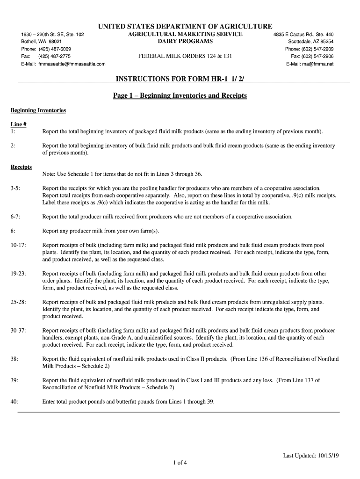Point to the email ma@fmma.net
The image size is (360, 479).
317,64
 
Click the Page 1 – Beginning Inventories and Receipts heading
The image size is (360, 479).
180,96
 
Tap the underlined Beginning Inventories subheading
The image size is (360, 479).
38,110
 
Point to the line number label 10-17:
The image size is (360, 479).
19,245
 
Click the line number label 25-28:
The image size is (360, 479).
19,302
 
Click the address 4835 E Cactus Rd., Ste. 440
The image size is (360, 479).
304,35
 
